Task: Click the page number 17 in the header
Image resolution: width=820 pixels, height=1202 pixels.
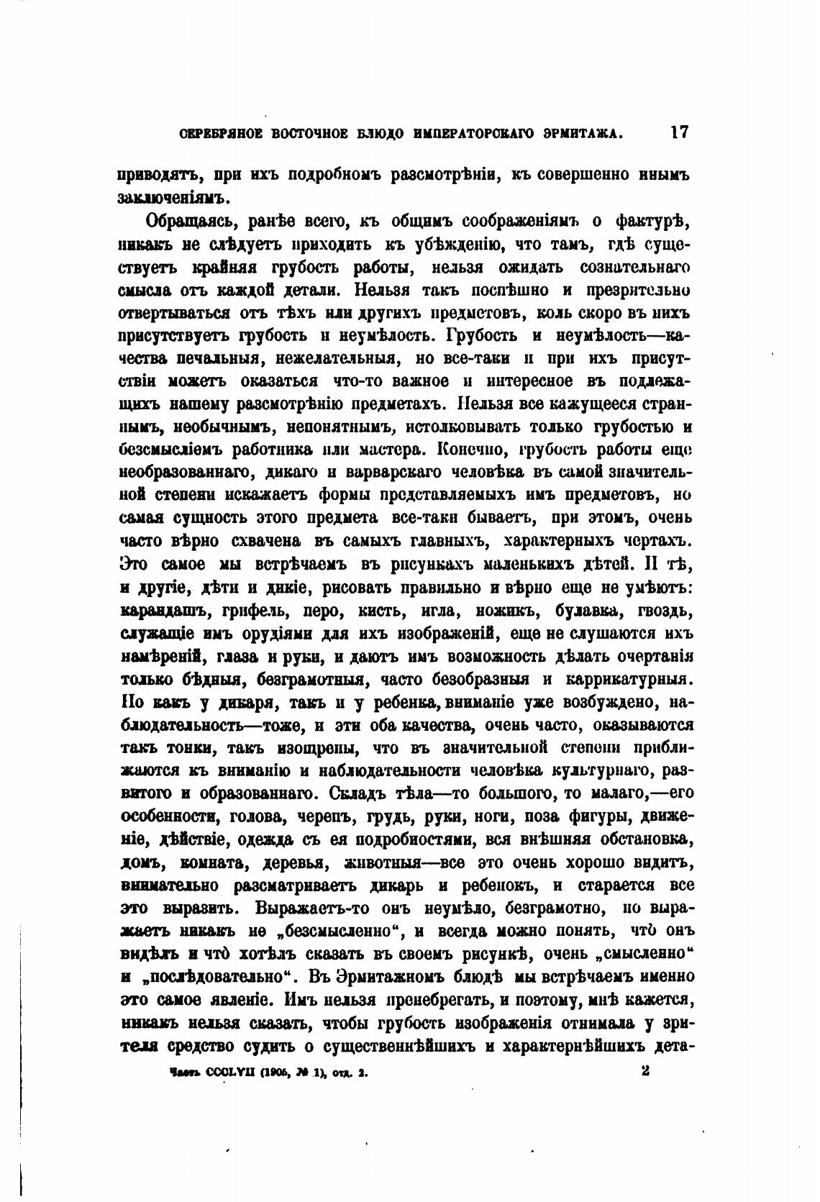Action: click(x=679, y=132)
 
